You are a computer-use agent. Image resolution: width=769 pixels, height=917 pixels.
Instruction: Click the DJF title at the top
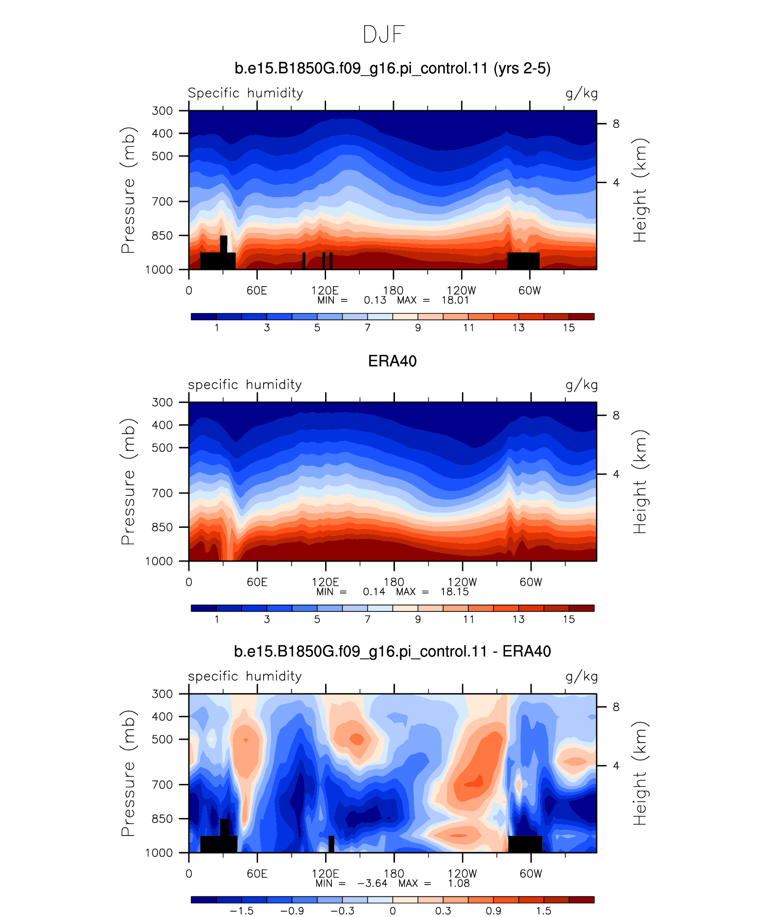[384, 35]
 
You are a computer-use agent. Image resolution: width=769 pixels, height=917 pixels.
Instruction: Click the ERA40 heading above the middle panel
[392, 361]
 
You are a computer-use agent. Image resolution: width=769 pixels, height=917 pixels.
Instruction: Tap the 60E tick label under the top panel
[257, 291]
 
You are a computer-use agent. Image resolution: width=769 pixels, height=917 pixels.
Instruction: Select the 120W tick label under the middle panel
[462, 582]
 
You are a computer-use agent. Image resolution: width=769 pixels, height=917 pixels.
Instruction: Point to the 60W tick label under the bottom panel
[531, 874]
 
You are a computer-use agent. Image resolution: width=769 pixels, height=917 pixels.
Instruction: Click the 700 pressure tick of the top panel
[162, 202]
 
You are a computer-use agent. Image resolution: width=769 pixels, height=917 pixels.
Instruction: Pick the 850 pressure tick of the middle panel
[162, 527]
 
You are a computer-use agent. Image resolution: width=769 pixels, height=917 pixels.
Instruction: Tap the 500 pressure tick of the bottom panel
[162, 739]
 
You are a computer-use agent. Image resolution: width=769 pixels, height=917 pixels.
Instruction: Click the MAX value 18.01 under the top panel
[455, 301]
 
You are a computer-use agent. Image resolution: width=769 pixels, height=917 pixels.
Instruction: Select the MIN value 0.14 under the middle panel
[374, 592]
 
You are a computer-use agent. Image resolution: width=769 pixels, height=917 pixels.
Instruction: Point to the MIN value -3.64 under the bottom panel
[372, 883]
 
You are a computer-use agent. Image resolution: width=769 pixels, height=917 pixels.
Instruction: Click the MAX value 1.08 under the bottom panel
[459, 883]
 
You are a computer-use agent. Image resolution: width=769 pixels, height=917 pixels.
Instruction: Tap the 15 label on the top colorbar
[569, 328]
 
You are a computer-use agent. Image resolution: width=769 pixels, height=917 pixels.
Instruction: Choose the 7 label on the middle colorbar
[367, 620]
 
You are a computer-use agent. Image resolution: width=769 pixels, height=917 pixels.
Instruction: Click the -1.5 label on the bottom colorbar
[241, 911]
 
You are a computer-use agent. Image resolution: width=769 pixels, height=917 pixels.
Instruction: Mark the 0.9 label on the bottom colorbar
[493, 911]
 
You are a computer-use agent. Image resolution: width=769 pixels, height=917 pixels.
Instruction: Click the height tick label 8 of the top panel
[616, 124]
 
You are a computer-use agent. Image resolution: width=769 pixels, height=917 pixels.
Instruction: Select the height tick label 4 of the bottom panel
[616, 765]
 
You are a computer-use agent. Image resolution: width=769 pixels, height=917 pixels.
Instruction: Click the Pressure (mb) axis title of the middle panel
[128, 481]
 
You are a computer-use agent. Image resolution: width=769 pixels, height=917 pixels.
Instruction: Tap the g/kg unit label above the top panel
[581, 94]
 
